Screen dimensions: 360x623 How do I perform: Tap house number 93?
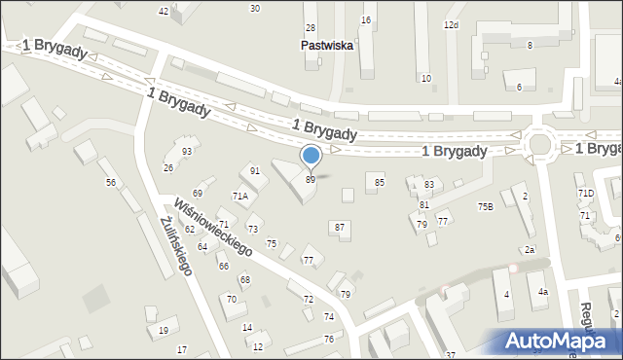pos(187,152)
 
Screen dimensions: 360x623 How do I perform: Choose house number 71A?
pos(239,196)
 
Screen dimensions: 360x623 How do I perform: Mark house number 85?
pos(380,182)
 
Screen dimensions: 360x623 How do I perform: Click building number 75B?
pos(485,206)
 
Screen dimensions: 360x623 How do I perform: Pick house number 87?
pos(340,227)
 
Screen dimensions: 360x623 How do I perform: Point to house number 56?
pos(111,183)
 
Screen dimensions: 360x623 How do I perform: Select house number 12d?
pos(451,24)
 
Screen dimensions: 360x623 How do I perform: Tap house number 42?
pos(163,11)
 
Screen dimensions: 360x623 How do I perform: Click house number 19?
pos(163,331)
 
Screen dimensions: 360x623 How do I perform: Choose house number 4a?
pos(543,292)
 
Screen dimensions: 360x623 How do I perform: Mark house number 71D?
pos(585,194)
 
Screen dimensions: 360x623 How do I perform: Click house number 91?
pos(255,171)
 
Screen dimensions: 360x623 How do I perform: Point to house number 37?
pos(451,354)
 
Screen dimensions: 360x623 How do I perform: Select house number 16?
pos(366,19)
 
